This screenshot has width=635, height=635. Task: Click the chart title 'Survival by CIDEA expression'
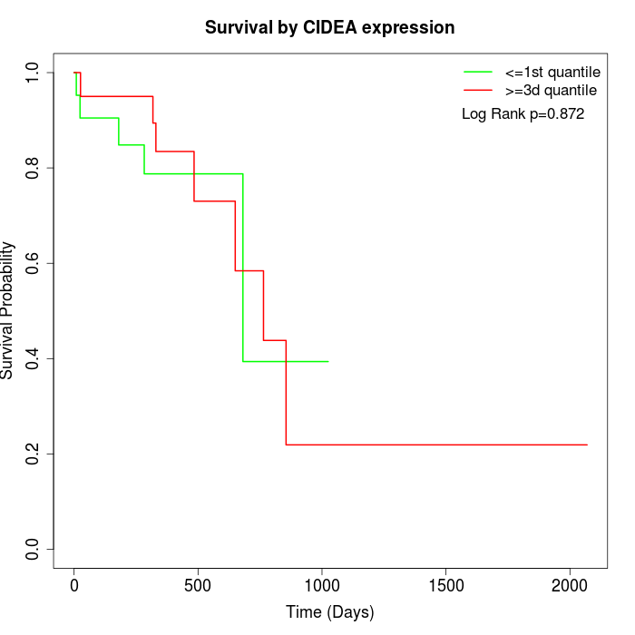329,27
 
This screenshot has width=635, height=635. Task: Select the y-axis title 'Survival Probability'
8,310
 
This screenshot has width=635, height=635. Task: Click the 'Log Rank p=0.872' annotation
523,114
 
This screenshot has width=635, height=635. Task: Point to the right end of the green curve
327,361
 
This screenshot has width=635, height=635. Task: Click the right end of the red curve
587,444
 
